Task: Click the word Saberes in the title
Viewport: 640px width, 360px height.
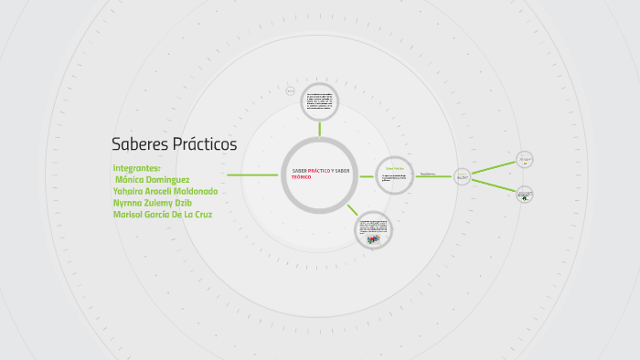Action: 140,144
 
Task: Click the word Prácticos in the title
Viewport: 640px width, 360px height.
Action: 205,144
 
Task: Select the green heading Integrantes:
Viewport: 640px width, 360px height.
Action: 137,168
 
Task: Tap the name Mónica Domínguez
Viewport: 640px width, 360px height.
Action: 153,180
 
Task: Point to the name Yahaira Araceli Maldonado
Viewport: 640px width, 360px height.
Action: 165,192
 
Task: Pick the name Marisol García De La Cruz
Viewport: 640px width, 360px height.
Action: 163,215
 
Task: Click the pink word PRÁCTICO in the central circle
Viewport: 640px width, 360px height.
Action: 321,171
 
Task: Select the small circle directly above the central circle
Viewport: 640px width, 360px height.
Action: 321,102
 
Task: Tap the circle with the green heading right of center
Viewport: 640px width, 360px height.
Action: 394,175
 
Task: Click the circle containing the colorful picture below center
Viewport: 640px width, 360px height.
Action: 373,230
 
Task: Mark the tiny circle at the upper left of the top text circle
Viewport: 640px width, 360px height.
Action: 291,90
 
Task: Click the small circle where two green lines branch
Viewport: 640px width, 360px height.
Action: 462,176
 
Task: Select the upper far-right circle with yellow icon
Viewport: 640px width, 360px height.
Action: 525,160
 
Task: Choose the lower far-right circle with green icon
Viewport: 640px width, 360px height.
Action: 525,194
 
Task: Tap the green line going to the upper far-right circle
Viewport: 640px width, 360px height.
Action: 493,168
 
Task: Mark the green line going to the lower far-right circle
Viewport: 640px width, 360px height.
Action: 493,185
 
